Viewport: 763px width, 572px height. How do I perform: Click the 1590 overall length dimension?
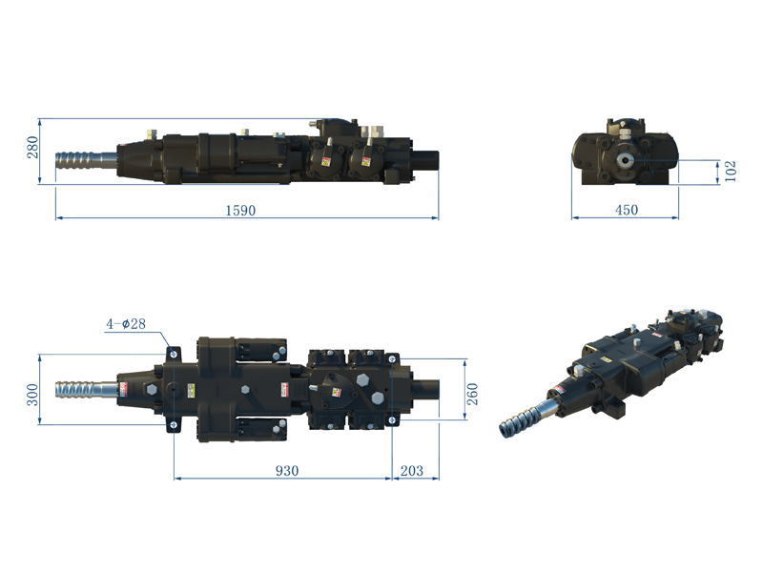[x=241, y=211]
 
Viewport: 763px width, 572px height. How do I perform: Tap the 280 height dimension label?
[x=32, y=147]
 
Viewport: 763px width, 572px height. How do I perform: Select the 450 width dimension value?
[x=626, y=211]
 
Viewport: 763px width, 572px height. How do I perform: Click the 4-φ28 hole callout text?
[x=125, y=324]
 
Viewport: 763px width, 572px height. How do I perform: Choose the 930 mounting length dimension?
[x=287, y=471]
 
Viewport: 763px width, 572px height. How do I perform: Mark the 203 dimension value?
[x=413, y=471]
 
